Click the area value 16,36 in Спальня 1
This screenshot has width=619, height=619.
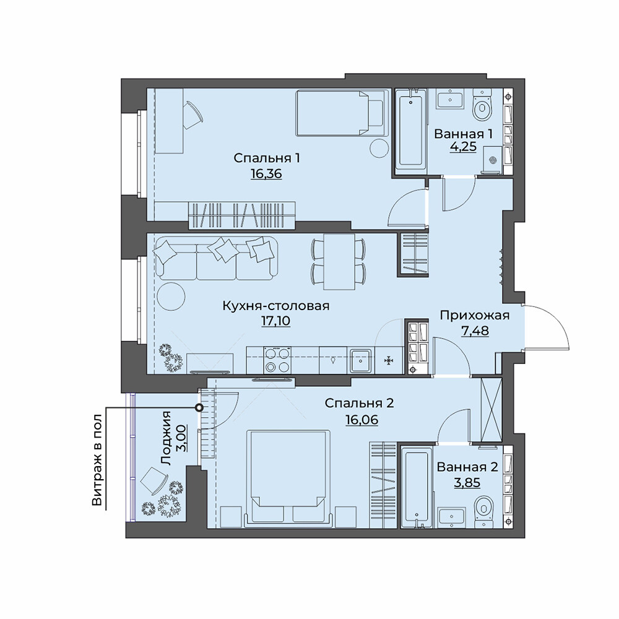[x=266, y=174]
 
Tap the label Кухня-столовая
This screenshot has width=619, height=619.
[x=276, y=306]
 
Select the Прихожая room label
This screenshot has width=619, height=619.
[x=475, y=316]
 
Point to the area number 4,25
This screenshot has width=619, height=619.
[x=463, y=147]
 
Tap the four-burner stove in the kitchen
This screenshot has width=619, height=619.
[x=277, y=360]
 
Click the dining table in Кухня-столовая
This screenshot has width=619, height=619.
[x=339, y=262]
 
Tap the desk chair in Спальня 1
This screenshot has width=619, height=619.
[x=193, y=115]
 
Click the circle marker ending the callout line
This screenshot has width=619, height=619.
[x=200, y=407]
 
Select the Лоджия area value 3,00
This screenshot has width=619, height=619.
[x=180, y=438]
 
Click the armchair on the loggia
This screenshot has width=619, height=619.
[x=155, y=480]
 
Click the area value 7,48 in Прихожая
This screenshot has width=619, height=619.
[x=475, y=331]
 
